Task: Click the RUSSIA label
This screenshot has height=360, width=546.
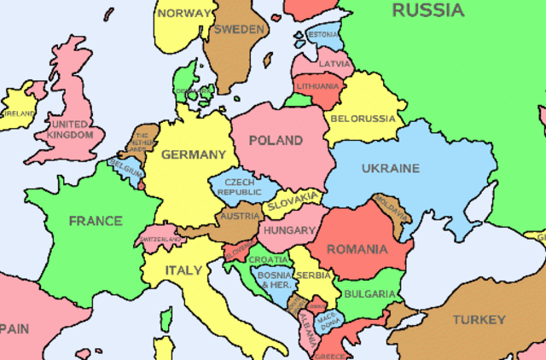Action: point(427,10)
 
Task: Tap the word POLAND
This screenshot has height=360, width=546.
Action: point(275,140)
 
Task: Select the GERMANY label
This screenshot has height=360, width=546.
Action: point(194,155)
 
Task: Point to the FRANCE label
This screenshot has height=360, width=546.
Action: point(96,221)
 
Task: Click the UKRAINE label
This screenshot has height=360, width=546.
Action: point(390,168)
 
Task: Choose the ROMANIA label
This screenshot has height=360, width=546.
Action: point(356,250)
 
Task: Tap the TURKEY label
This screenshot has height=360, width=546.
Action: point(479,320)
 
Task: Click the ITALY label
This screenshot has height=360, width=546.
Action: point(183,270)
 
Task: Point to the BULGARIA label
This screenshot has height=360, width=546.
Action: point(369,294)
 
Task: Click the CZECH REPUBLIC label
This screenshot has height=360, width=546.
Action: point(239,187)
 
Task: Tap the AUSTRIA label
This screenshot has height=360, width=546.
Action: point(239,217)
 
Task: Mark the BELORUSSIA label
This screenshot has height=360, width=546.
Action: point(362,118)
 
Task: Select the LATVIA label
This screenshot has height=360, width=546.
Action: point(334,64)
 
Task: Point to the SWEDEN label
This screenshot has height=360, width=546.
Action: point(238,29)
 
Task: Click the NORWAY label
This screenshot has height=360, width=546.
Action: point(184,13)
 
